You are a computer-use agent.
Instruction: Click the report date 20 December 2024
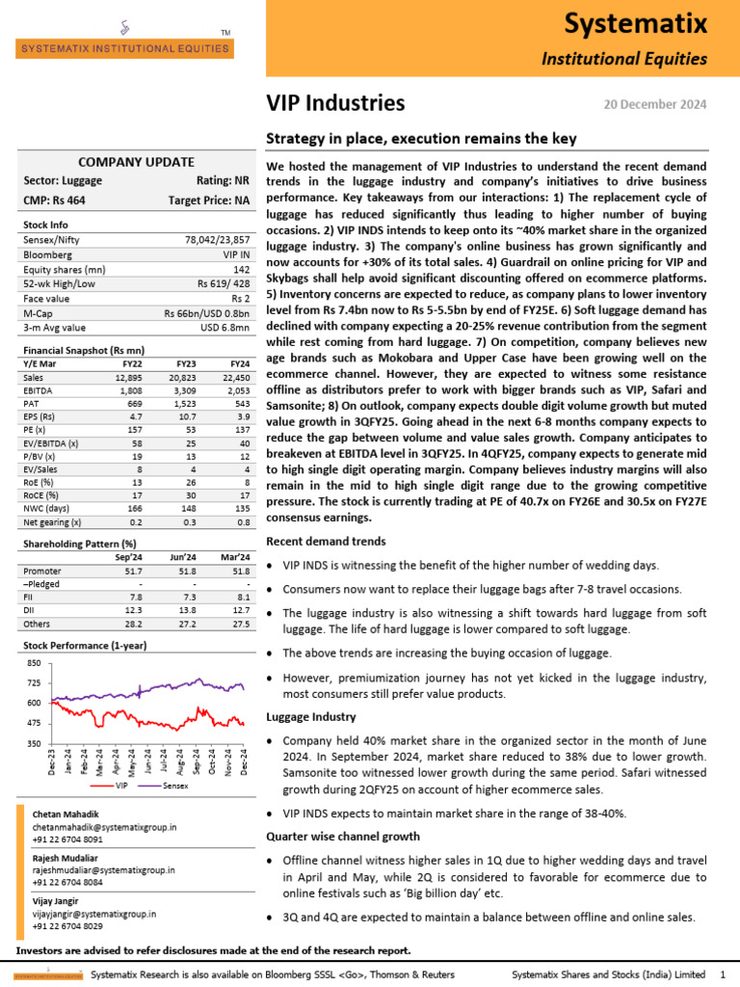pos(654,104)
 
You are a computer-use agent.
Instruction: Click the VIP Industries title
pos(335,103)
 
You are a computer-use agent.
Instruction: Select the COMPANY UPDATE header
pos(135,162)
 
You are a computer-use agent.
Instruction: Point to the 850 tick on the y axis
pos(34,664)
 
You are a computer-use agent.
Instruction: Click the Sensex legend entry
pos(174,786)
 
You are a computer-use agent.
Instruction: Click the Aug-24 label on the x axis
pos(180,760)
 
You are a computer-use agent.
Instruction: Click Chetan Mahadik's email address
pos(104,827)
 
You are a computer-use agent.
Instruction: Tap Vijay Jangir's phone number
pos(68,925)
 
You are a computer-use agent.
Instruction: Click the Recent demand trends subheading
pos(326,542)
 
